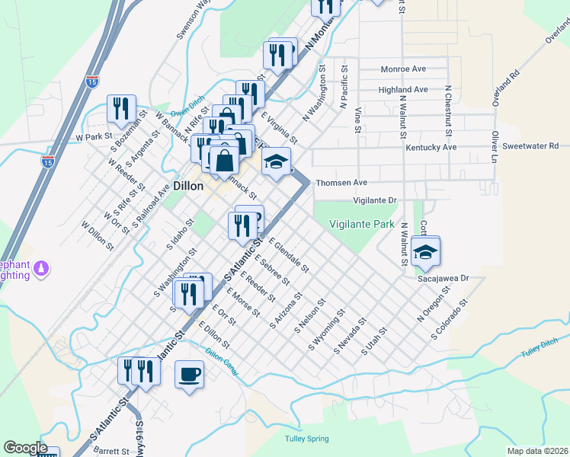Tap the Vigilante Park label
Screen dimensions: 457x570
[x=362, y=224]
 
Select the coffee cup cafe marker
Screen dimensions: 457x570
[x=189, y=373]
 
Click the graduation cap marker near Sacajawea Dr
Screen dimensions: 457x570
[x=425, y=251]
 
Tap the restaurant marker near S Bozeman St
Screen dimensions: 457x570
[x=120, y=109]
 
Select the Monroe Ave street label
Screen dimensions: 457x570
[x=403, y=69]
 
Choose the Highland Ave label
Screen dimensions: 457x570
[x=403, y=90]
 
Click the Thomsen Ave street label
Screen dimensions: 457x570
[x=341, y=183]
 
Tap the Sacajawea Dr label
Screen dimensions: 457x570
[x=441, y=280]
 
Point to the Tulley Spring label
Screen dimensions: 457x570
[x=306, y=439]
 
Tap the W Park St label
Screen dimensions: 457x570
[x=94, y=137]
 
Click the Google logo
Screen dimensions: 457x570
[x=26, y=448]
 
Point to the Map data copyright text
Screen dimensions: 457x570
[x=538, y=451]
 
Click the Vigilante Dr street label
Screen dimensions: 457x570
[x=376, y=200]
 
